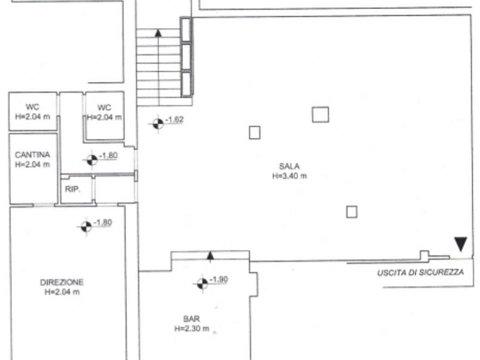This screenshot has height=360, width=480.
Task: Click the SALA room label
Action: point(289,166)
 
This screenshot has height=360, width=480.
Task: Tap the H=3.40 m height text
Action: point(289,176)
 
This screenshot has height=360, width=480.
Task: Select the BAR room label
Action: point(191,319)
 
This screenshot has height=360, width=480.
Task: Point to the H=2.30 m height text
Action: point(191,329)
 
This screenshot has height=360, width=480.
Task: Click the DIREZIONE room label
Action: point(62,282)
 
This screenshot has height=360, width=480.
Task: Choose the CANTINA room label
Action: point(32,154)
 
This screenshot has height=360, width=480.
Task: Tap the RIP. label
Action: point(73,189)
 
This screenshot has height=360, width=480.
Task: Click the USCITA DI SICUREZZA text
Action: point(420,272)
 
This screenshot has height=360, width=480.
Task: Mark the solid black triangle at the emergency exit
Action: point(460,243)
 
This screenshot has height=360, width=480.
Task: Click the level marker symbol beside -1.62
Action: point(158,123)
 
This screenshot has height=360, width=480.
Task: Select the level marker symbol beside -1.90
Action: point(202,284)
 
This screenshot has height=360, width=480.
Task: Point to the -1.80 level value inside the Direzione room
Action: point(103,222)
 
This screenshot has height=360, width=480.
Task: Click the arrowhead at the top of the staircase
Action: point(158,33)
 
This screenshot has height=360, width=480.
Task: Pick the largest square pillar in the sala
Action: point(320,114)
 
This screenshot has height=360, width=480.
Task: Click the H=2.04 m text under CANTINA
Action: point(32,164)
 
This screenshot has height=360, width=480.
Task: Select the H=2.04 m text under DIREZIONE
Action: point(62,292)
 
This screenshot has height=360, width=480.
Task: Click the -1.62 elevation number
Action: point(174,119)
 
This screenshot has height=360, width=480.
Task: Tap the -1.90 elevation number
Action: point(219,279)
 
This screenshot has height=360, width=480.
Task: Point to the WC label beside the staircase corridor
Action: point(104,107)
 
